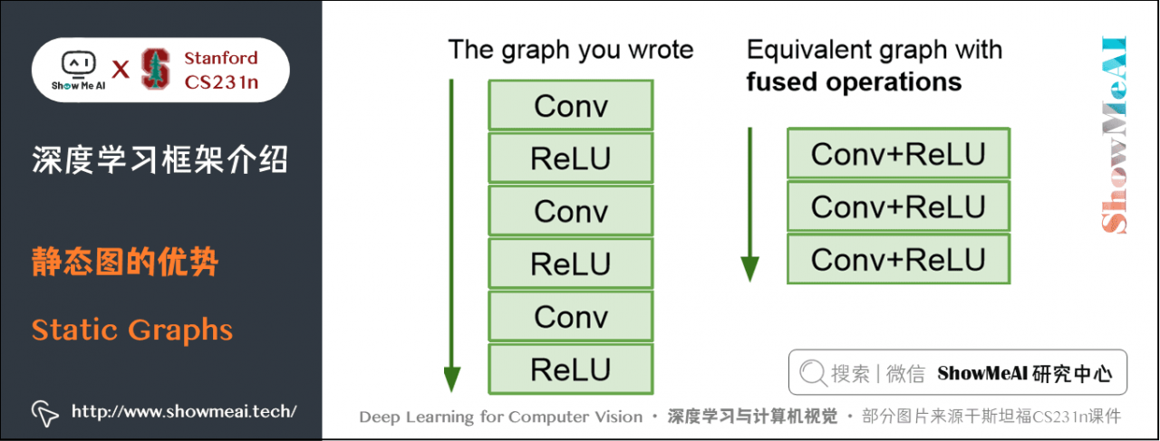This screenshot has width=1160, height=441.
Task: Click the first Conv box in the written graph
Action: pos(570,106)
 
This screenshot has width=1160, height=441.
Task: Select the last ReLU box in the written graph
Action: pos(570,369)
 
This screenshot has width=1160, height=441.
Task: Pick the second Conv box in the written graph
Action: pos(570,211)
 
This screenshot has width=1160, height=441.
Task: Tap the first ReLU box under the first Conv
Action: pos(570,158)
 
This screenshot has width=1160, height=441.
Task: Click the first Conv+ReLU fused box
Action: pos(897,154)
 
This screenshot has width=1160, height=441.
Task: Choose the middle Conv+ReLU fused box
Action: pos(897,206)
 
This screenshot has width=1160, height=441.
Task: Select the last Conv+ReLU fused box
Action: pos(897,260)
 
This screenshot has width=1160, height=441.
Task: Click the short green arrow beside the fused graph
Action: pos(749,205)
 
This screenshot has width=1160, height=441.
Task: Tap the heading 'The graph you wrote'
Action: pos(570,50)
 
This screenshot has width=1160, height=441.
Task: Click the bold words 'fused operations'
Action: pos(854,82)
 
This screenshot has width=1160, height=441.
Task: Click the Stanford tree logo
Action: pos(156,69)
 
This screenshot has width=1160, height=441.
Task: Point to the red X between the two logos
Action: pos(120,69)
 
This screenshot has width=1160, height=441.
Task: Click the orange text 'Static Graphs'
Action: pos(132,330)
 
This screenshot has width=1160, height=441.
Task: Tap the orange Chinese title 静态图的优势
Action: pos(125,264)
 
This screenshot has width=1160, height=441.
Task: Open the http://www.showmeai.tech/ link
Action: pos(184,411)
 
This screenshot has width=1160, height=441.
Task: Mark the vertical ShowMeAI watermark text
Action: pos(1114,136)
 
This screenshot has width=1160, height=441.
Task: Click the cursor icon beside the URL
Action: pos(44,412)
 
